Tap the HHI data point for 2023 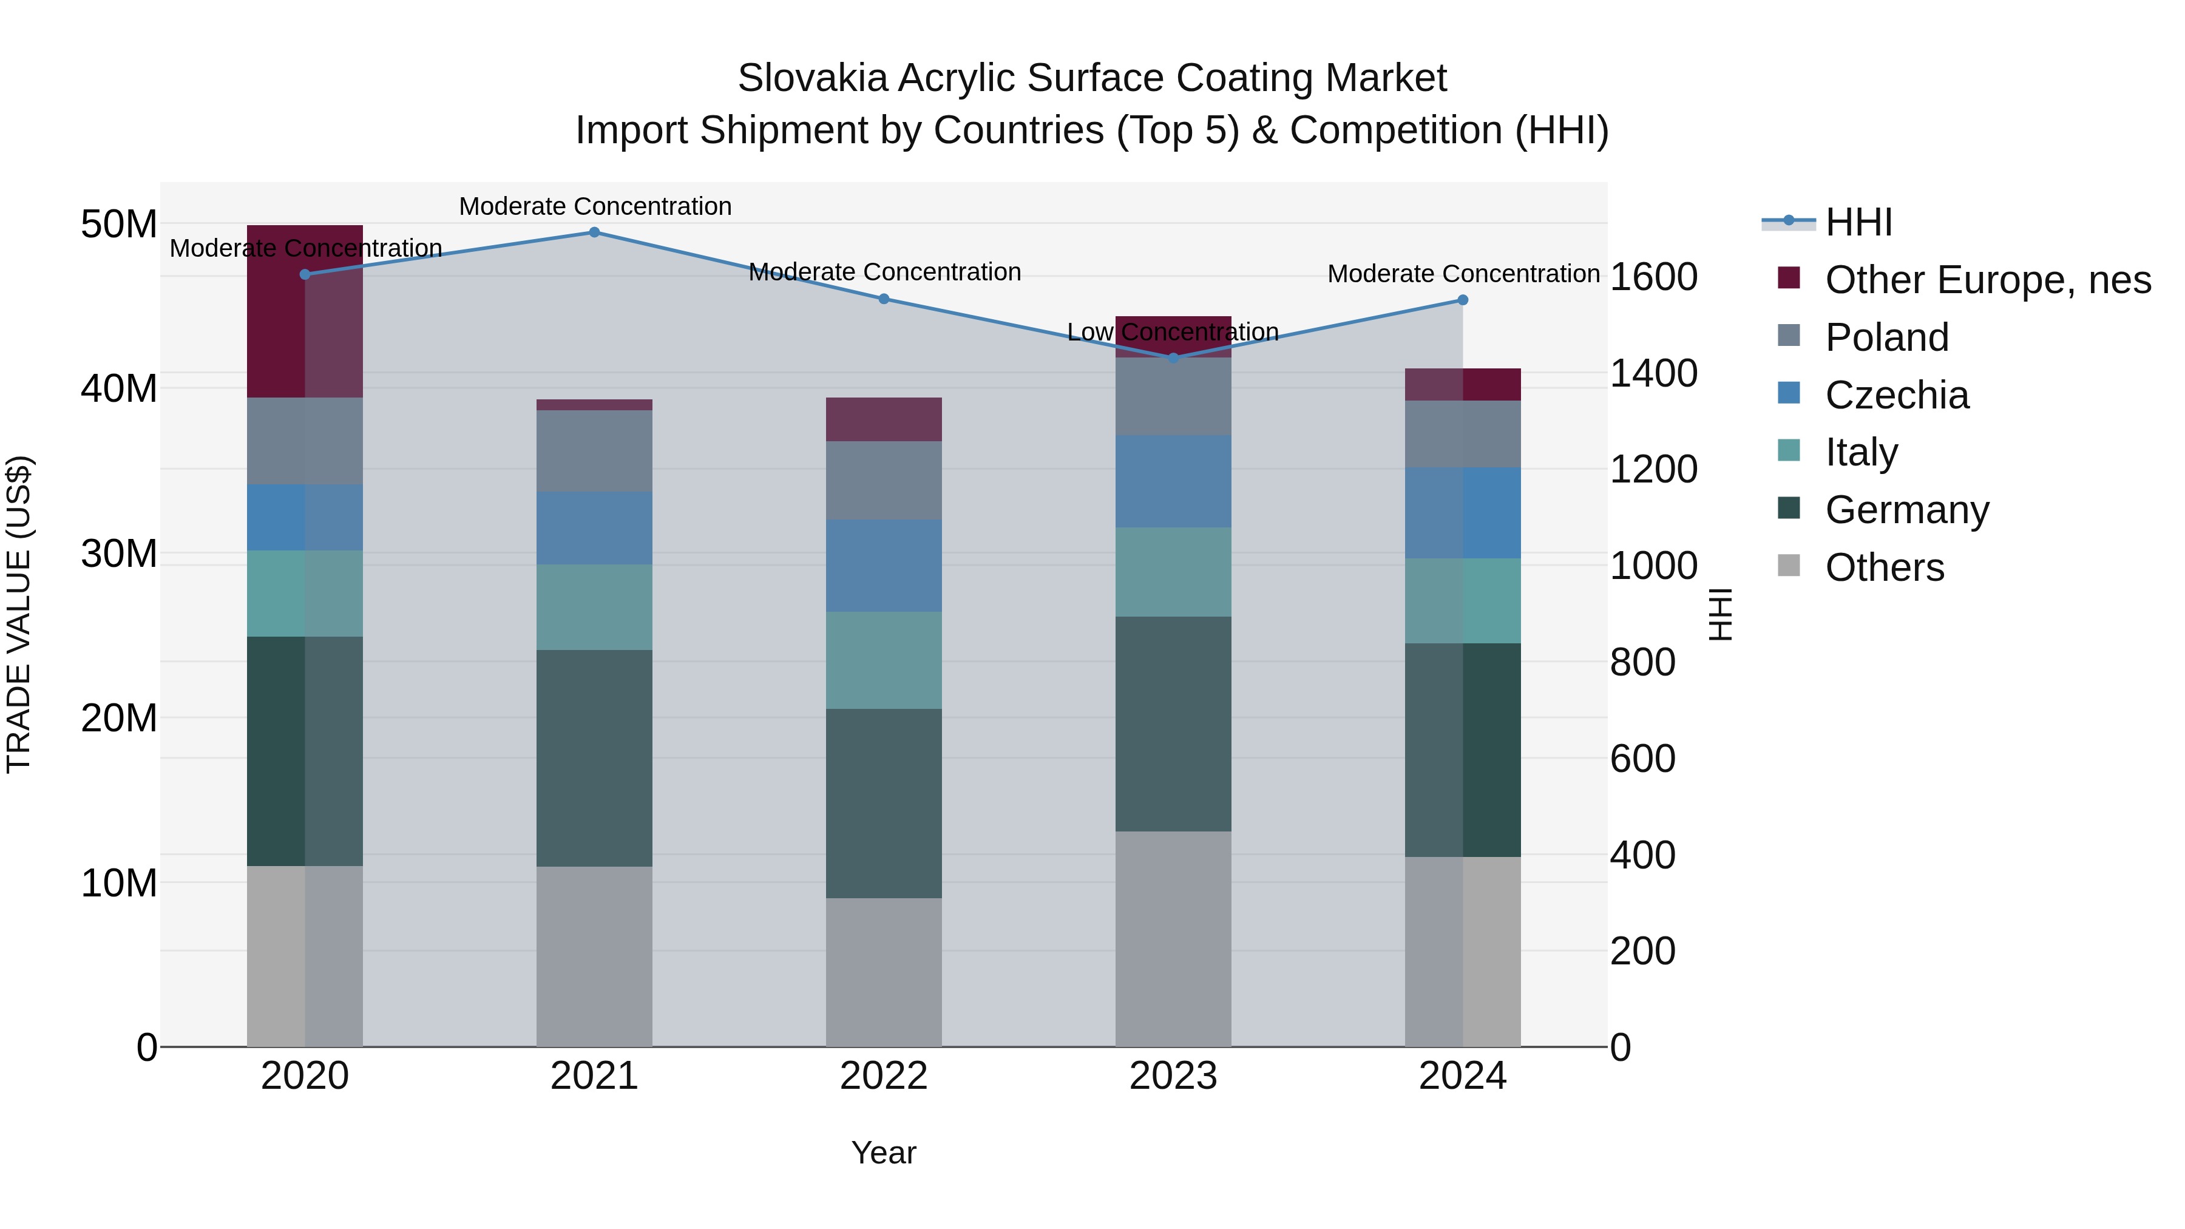coord(1173,358)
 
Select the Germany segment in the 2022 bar coord(883,803)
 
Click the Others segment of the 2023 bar coord(1173,938)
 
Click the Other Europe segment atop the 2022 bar coord(883,419)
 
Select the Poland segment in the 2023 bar coord(1173,396)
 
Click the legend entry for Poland coord(1886,337)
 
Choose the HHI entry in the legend coord(1858,222)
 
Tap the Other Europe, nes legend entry coord(1987,280)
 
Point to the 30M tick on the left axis coord(119,554)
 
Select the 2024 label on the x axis coord(1462,1076)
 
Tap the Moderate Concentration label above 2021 coord(595,206)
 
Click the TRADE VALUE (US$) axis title coord(19,614)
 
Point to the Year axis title coord(883,1153)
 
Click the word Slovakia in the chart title coord(813,78)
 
